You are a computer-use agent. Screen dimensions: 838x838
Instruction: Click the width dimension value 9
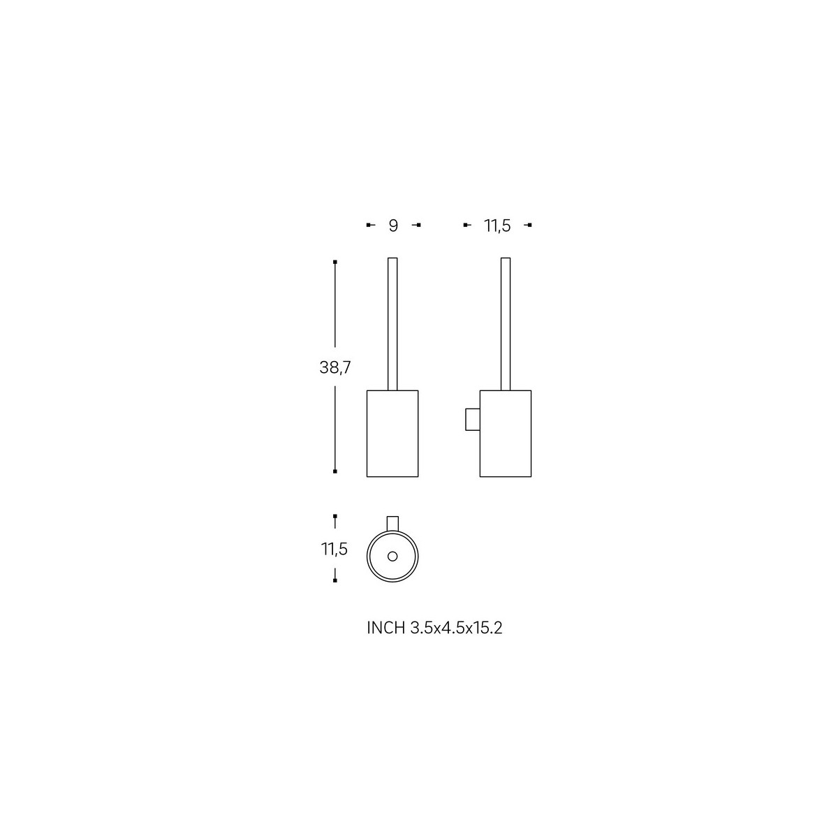tap(393, 226)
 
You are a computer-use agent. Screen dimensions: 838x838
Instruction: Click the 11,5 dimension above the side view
tap(497, 226)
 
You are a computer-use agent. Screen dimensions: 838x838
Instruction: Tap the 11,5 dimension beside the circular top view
tap(335, 549)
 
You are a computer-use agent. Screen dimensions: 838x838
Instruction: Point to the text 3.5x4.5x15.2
tap(455, 628)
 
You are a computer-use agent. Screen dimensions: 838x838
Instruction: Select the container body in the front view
tap(392, 433)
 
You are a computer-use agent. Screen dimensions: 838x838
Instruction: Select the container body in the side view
tap(506, 433)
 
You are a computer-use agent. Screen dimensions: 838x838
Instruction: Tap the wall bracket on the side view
tap(472, 420)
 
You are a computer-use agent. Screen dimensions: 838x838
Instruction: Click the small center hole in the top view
tap(392, 556)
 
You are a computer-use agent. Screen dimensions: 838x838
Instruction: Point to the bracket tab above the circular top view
tap(392, 523)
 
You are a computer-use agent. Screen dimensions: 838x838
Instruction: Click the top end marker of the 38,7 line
tap(336, 262)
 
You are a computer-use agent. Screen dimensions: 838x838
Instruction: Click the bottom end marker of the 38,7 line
tap(336, 471)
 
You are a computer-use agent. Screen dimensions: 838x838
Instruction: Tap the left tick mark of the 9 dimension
tap(369, 225)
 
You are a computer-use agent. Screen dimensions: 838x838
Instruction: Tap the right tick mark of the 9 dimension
tap(418, 225)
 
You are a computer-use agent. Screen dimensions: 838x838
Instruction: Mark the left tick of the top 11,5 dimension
tap(466, 225)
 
